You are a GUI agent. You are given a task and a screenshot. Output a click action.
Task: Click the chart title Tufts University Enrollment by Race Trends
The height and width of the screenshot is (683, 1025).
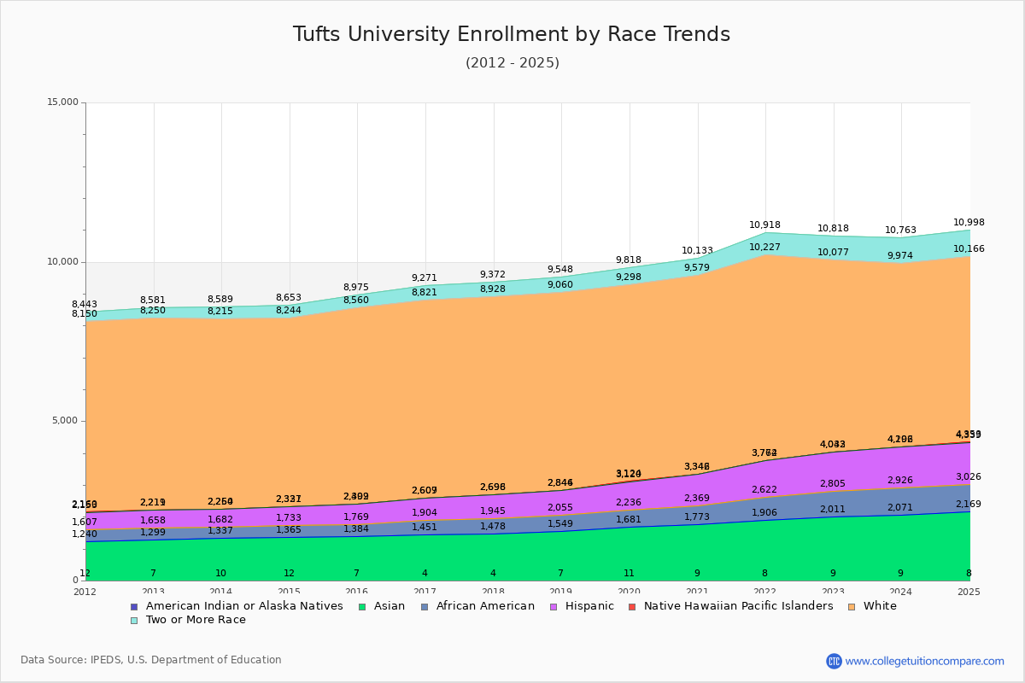coord(512,34)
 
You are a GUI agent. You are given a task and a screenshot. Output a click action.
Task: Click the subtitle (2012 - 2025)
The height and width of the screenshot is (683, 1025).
coord(512,63)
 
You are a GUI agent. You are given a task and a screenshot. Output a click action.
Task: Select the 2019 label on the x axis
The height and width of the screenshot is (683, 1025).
coord(560,592)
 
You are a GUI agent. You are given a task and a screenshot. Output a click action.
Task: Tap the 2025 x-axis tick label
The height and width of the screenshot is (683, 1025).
coord(969,592)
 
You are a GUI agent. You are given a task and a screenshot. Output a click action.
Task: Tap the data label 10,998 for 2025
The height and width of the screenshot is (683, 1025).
coord(969,223)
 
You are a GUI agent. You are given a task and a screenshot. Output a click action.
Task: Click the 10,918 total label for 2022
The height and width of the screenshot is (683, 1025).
coord(764,225)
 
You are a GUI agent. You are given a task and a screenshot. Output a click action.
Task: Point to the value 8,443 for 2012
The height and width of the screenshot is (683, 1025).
coord(85,305)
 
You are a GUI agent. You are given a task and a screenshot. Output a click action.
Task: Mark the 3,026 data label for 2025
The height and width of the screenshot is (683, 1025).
coord(968,477)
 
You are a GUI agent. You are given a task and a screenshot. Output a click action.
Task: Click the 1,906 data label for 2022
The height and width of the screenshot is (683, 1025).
coord(764,513)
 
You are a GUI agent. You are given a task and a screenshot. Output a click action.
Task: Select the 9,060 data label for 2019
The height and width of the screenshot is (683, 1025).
coord(560,285)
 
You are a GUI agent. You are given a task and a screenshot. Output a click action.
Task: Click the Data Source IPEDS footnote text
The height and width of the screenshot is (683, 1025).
coord(151,660)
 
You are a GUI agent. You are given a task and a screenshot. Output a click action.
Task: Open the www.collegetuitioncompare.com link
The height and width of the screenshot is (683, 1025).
coord(924,661)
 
